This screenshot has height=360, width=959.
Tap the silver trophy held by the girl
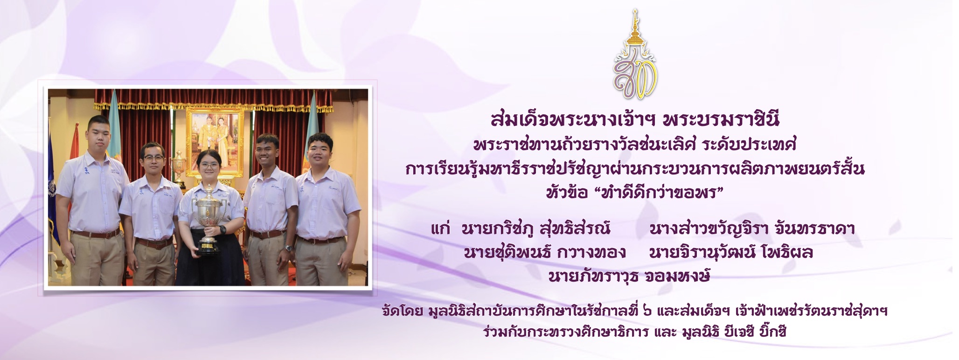209,219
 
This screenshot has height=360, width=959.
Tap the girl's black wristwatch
223,229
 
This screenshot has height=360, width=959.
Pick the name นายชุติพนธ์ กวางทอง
544,253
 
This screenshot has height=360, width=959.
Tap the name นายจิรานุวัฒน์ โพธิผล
731,253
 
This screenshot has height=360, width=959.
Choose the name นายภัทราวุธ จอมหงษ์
629,276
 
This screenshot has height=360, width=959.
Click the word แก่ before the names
440,229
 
